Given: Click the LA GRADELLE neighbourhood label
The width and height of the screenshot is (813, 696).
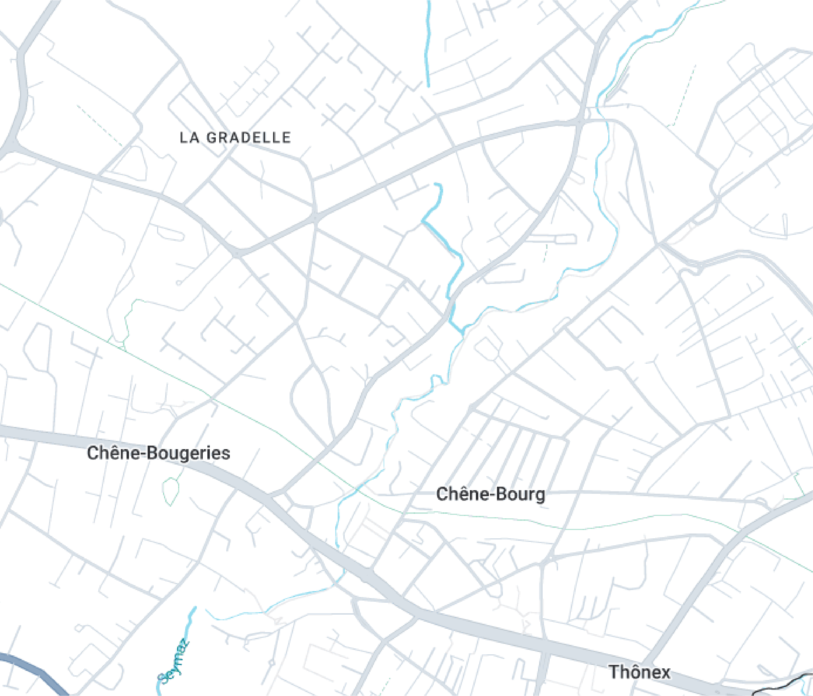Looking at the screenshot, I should [235, 138].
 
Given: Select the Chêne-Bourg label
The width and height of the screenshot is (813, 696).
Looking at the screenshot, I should [490, 494].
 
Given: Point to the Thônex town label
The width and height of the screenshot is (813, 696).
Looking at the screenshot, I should [639, 672].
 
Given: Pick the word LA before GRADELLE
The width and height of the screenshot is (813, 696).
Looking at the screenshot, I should [190, 138].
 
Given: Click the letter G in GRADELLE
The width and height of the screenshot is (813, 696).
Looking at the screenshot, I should [211, 138].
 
